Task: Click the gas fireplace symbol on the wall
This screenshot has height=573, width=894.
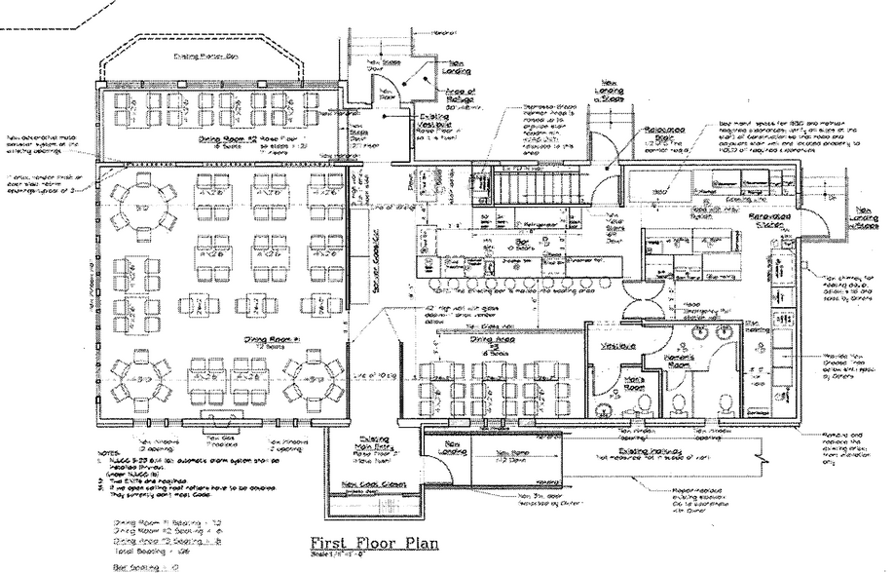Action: point(219,416)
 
